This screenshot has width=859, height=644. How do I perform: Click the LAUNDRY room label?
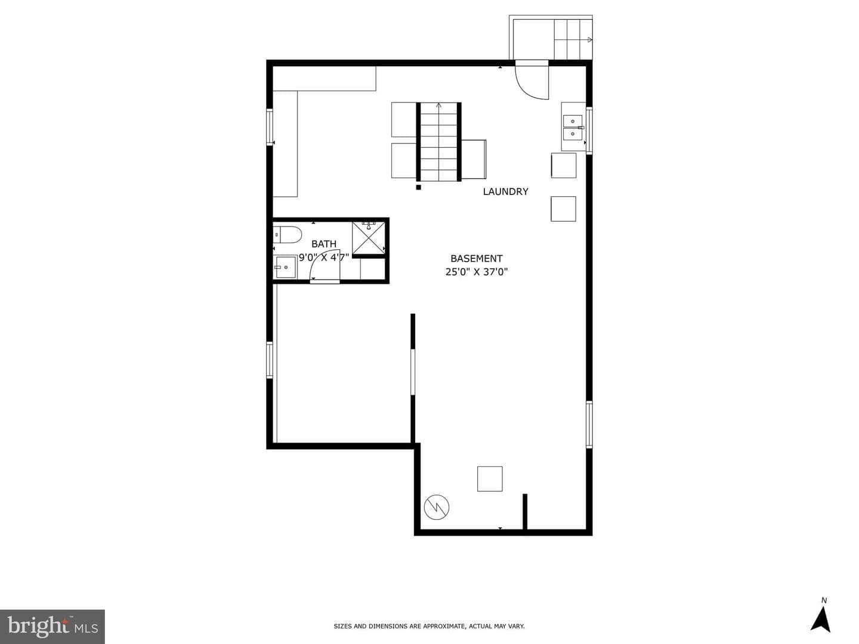point(505,191)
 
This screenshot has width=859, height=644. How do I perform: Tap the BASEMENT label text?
point(476,258)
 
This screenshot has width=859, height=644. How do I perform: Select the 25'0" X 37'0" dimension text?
point(476,272)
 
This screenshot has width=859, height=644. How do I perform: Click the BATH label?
point(324,244)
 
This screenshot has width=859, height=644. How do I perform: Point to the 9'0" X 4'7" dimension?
point(324,257)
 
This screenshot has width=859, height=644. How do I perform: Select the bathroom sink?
point(285,267)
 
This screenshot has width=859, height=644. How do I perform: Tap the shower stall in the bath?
point(368,238)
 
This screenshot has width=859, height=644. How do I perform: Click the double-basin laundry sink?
point(573,128)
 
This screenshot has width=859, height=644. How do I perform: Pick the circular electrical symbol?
point(436,507)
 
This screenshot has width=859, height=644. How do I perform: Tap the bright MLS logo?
point(52,626)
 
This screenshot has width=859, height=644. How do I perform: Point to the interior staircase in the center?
point(438,142)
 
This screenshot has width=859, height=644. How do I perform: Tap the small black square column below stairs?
point(418,187)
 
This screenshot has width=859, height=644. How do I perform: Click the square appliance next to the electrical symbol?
point(490,479)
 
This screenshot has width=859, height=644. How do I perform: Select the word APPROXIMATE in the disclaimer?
point(443,626)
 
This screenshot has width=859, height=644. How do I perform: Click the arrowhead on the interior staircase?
point(438,105)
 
